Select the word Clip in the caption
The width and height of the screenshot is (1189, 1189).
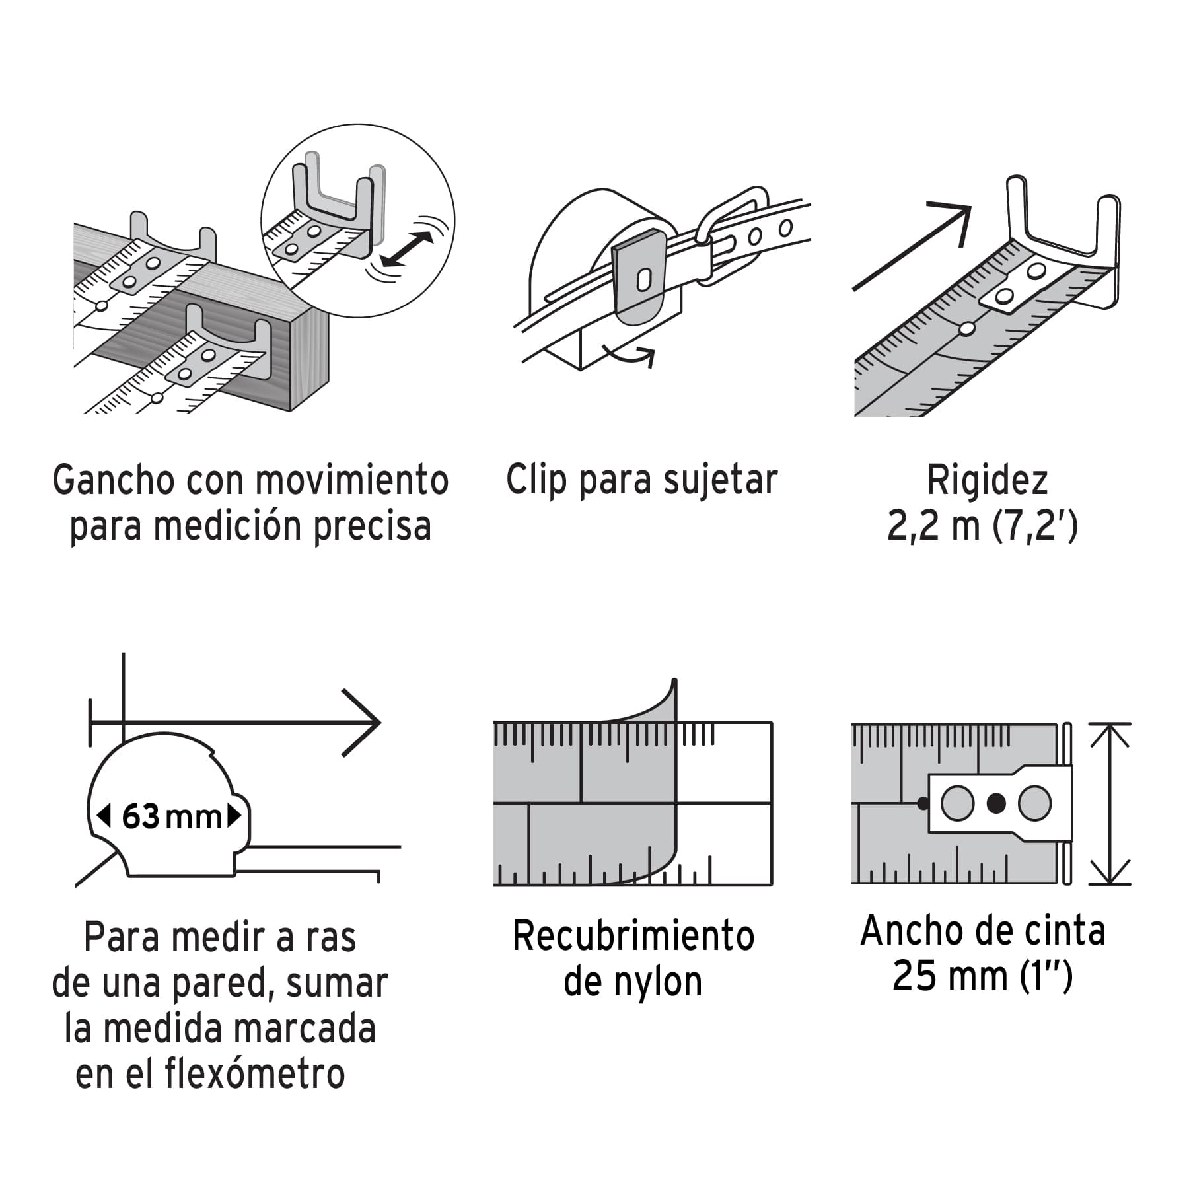[x=536, y=480]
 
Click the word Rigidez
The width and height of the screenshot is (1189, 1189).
[x=987, y=481]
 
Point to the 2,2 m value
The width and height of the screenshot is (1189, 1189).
[x=933, y=526]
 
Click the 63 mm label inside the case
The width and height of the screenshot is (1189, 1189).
[x=172, y=817]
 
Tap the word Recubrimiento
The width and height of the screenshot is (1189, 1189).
[x=633, y=936]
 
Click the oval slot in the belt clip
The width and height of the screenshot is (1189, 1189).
[x=643, y=280]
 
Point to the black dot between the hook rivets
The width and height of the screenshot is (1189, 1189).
[x=996, y=803]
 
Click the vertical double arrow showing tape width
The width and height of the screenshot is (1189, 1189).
[x=1110, y=804]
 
